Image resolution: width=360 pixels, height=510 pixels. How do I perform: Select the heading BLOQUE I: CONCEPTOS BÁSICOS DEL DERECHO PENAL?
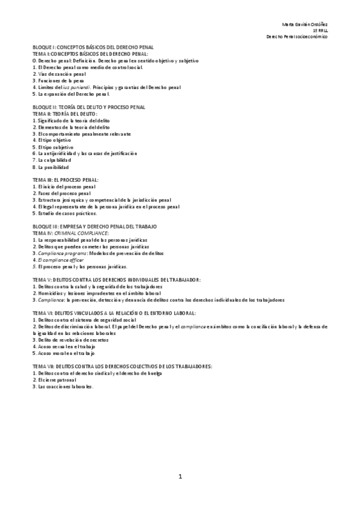[93, 46]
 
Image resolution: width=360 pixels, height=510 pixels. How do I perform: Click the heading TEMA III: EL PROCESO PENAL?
[66, 180]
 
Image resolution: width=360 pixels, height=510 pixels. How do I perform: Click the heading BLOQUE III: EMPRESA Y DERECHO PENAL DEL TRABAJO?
[94, 226]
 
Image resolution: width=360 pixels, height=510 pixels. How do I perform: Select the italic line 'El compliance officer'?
[59, 259]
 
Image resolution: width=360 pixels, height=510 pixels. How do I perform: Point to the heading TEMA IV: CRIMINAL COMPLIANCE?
[70, 232]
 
